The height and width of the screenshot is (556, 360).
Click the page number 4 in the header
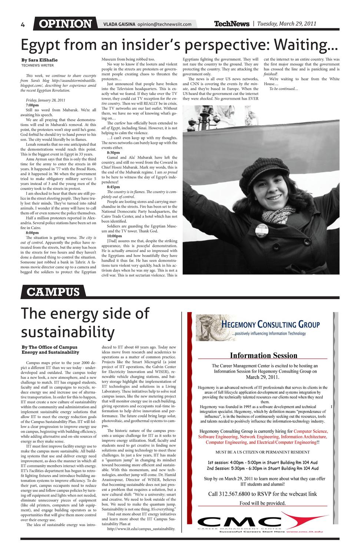pos(23,25)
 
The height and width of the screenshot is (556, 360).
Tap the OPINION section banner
pos(65,24)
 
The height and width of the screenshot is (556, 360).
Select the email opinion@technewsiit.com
pos(164,24)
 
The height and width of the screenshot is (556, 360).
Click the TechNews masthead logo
pos(232,24)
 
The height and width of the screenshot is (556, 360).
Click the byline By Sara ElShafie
pos(39,60)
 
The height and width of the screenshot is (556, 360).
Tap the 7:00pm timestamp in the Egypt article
pos(32,105)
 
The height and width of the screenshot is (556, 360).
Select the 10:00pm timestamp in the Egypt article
pos(114,236)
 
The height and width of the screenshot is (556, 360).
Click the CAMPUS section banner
pos(53,292)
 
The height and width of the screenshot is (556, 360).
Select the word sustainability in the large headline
pos(67,331)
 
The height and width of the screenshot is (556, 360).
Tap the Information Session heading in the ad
pos(264,355)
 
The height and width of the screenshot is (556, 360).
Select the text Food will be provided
pos(262,503)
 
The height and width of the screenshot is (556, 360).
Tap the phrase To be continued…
pos(284,89)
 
